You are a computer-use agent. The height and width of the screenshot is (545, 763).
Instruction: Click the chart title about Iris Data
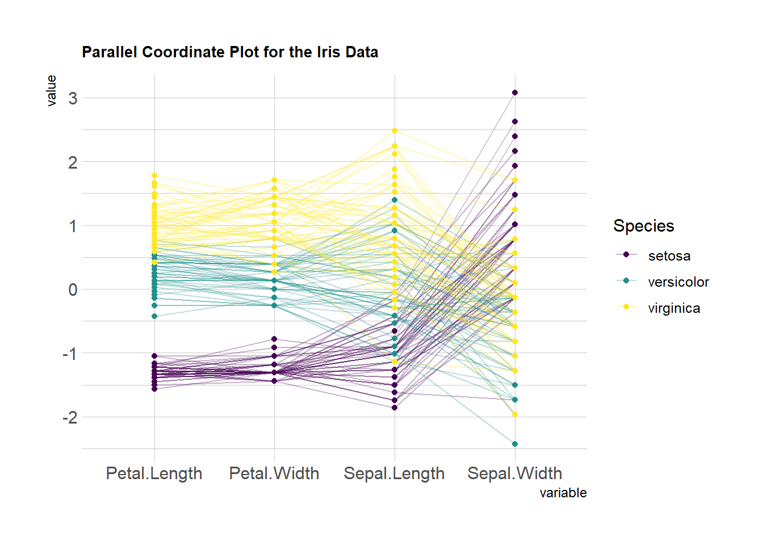point(230,52)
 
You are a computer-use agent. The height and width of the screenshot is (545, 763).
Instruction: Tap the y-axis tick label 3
point(73,98)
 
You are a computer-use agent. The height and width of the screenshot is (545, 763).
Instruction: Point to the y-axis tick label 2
point(73,162)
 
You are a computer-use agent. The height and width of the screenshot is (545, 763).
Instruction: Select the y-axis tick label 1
point(73,226)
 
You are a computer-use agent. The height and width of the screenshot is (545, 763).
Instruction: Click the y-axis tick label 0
point(73,290)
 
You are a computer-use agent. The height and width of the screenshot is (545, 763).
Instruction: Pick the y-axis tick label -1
point(70,354)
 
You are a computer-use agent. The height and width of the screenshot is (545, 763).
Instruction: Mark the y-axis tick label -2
point(70,417)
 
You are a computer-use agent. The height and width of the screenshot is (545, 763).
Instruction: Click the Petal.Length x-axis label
point(154,473)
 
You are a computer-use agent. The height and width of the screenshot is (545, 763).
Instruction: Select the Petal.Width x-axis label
point(274,473)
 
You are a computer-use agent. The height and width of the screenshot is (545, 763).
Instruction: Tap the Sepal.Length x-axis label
point(394,473)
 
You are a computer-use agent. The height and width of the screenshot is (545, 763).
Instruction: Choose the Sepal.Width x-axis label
point(514,473)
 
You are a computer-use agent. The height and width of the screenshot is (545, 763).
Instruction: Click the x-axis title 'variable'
point(563,493)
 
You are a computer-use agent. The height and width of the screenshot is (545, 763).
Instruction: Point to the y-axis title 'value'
point(52,91)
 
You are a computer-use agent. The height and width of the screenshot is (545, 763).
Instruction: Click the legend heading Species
point(643,226)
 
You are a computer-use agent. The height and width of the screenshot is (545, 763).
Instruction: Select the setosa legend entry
point(669,256)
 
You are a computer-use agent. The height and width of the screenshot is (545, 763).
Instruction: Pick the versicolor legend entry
point(678,282)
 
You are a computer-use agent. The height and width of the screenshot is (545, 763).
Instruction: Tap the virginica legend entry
point(674,308)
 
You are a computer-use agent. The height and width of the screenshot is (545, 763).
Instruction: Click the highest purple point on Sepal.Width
point(515,93)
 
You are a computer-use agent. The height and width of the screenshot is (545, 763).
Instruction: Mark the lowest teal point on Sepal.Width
point(515,444)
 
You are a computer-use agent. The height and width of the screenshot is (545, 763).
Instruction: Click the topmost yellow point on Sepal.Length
point(395,131)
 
